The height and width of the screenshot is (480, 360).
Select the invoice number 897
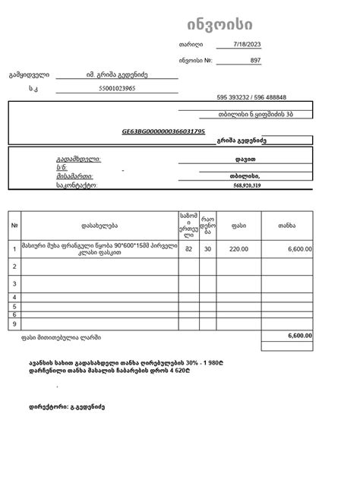[255, 59]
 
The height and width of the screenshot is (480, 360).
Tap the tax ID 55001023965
[117, 88]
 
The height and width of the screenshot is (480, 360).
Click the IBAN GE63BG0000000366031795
[163, 131]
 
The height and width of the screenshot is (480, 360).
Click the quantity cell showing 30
[207, 249]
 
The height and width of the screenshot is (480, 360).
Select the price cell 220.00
[238, 249]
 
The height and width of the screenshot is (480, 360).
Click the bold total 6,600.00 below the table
[299, 335]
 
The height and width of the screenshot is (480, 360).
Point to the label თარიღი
[189, 45]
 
